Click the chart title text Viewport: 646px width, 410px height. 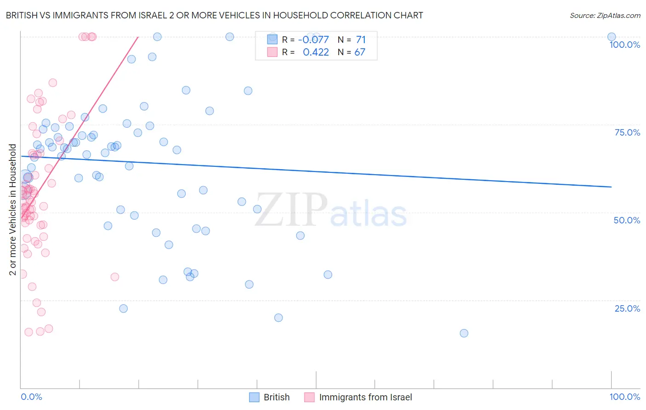pos(214,15)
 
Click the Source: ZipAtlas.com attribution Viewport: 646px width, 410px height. pos(605,15)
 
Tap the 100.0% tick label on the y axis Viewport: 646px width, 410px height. pos(624,45)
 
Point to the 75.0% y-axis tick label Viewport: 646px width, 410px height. pos(627,132)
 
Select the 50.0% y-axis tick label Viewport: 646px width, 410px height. pos(627,220)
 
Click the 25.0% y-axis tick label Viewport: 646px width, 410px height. pos(627,308)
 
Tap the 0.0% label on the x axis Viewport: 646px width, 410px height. pos(31,397)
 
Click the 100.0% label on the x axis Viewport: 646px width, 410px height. pos(624,397)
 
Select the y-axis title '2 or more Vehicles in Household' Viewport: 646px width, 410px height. pos(13,210)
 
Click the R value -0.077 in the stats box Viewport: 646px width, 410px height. pos(313,40)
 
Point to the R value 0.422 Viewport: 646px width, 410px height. pos(316,52)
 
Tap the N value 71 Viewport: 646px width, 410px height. pos(361,40)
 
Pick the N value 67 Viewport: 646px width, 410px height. pos(360,52)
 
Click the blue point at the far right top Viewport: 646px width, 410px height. pos(612,37)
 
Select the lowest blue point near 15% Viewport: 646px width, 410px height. pos(464,333)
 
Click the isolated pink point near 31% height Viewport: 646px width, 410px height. pos(115,277)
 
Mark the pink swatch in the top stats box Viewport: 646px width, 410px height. pos(272,52)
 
